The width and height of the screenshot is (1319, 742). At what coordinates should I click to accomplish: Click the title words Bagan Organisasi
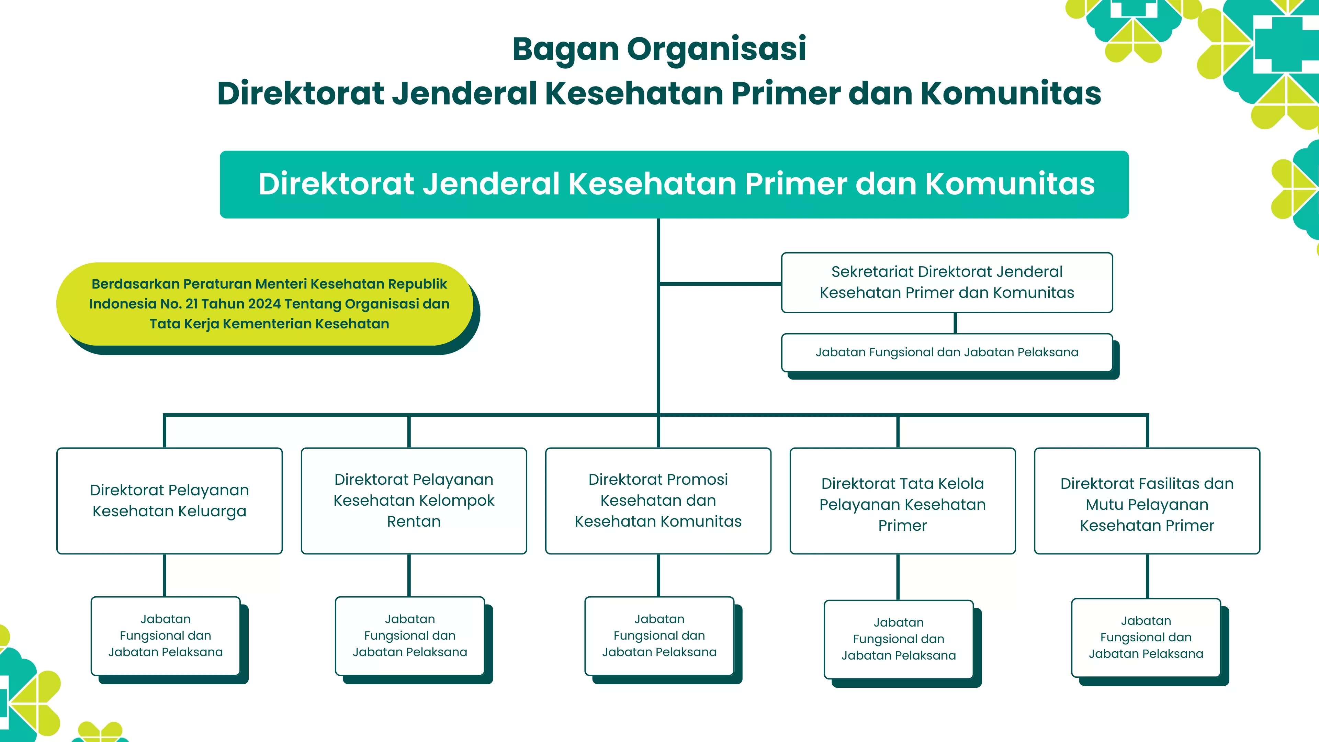(x=659, y=49)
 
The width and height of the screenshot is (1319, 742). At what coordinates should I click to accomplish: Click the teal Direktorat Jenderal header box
(x=674, y=184)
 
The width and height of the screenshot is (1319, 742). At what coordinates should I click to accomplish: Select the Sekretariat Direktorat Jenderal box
(x=946, y=282)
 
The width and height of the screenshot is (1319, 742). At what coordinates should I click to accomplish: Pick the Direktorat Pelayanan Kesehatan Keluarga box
(x=169, y=501)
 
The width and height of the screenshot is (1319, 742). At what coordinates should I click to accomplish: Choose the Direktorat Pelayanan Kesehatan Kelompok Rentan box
(x=414, y=501)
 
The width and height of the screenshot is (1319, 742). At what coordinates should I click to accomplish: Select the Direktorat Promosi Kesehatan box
(x=658, y=501)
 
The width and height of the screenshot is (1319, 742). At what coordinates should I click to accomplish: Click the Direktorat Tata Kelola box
(x=902, y=501)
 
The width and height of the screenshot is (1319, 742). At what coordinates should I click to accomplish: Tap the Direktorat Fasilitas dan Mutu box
(x=1147, y=501)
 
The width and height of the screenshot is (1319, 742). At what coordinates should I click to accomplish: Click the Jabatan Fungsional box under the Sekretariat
(x=946, y=352)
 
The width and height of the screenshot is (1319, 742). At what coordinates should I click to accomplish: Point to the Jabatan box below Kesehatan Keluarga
(x=165, y=636)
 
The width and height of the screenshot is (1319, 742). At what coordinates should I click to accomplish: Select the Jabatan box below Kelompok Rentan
(x=410, y=636)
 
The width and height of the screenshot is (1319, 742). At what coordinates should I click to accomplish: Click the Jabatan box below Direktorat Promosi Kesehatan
(x=659, y=636)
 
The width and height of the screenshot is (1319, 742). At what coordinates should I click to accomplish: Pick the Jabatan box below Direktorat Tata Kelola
(x=898, y=639)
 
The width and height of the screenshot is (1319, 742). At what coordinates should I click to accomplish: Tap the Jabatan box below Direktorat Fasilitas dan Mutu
(x=1146, y=638)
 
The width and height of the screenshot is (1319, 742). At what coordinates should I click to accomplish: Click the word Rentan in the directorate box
(x=414, y=522)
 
